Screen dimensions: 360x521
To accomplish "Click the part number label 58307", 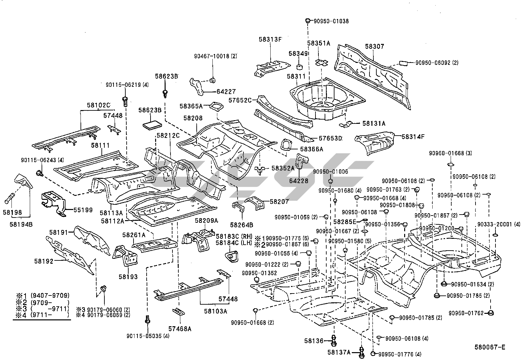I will click(x=374, y=47).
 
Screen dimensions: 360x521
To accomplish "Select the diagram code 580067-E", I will click(x=490, y=347).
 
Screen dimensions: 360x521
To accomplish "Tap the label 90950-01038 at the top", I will click(x=331, y=21).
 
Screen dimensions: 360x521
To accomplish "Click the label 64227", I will click(x=226, y=92).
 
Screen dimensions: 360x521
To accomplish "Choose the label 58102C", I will click(x=99, y=105).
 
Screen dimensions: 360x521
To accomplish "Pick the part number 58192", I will click(x=44, y=261).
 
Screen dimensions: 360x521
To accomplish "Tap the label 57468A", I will click(x=180, y=329).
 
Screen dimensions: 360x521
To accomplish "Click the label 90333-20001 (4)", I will click(x=498, y=224).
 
